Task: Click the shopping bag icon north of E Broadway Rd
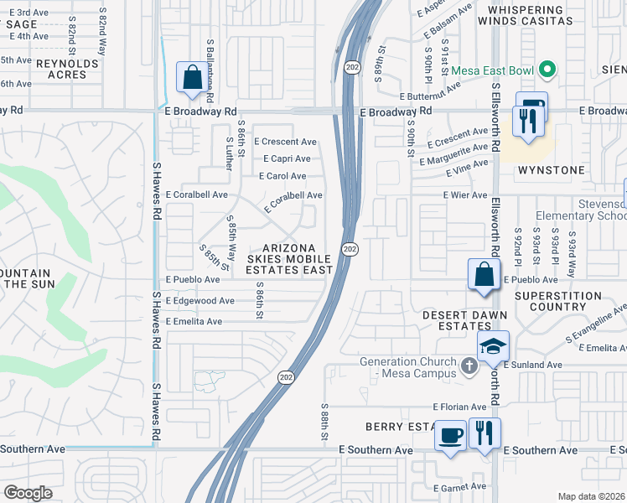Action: click(192, 77)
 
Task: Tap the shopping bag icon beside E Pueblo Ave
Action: click(484, 274)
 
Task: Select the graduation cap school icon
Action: click(494, 345)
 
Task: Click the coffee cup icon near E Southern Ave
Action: click(451, 436)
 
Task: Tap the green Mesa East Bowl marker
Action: click(547, 69)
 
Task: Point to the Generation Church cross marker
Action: click(469, 364)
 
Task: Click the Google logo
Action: click(28, 493)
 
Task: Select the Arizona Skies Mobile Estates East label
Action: click(289, 259)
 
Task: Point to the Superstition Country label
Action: click(558, 302)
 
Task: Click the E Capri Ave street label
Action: click(287, 158)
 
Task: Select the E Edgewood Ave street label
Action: click(200, 300)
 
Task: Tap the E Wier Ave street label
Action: click(465, 195)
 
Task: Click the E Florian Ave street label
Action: click(460, 407)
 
